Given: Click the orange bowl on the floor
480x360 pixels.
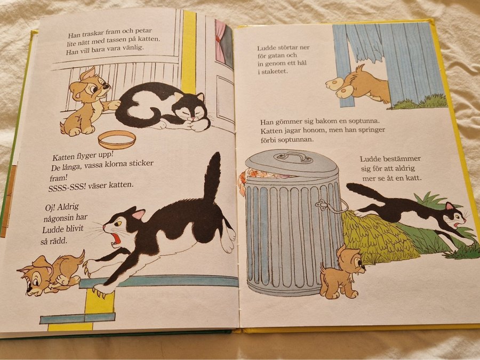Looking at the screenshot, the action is [x=117, y=139].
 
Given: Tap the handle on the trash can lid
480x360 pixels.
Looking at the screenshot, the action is [x=293, y=157].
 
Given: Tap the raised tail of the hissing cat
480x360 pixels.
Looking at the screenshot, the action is [x=212, y=177].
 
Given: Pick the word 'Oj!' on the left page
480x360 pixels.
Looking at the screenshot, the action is [x=51, y=207].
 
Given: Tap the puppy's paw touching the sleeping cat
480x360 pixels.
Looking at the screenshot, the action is [x=114, y=105].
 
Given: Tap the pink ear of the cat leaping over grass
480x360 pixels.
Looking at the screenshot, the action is [x=449, y=206].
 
